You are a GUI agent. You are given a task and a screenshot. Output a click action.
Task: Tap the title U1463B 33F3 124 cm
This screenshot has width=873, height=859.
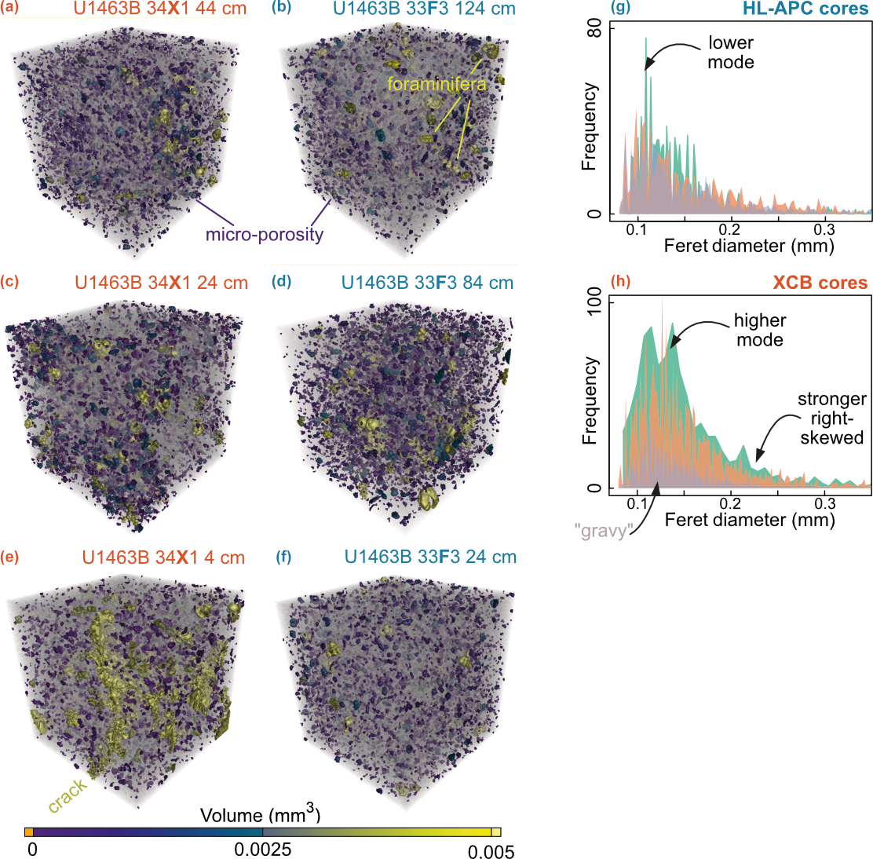point(424,9)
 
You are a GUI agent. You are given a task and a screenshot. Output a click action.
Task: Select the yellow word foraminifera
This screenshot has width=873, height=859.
point(436,84)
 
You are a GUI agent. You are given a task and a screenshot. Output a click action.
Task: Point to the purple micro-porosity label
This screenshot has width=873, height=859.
point(265,234)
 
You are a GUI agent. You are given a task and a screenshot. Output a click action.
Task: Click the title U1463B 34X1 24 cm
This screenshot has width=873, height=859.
point(162,283)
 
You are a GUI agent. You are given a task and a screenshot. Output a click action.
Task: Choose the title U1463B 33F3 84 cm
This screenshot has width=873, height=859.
point(427,283)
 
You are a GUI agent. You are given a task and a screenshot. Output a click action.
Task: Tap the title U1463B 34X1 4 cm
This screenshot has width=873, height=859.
point(163,557)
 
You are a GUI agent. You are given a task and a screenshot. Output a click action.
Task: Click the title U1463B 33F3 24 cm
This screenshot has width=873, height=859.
point(430,557)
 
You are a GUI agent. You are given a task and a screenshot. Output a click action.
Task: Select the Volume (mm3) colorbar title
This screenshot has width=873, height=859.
point(261,814)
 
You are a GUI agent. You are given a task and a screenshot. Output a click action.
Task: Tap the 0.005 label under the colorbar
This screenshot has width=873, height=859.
point(491,852)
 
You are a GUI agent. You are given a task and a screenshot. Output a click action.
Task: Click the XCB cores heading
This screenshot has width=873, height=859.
point(820,283)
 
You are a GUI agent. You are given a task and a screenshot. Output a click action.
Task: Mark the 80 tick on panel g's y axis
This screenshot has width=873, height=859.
point(594,29)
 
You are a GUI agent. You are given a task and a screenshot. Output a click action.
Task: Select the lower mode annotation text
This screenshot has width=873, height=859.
point(730,52)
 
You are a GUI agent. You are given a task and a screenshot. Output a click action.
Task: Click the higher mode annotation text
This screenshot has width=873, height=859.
point(759,330)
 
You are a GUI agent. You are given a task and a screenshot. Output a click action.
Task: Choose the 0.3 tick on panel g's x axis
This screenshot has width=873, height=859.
point(824,229)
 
